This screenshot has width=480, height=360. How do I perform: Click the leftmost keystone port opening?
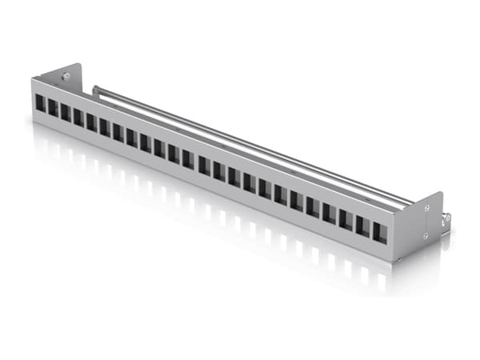tap(40, 103)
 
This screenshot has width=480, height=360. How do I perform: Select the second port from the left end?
tap(53, 107)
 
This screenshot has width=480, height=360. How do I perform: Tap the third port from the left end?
tap(66, 112)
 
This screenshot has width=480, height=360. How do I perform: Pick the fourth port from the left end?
tap(78, 117)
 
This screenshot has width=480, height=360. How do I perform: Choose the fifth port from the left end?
tap(91, 122)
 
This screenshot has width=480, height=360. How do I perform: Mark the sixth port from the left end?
tap(105, 126)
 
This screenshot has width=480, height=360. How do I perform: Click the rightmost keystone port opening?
tap(379, 232)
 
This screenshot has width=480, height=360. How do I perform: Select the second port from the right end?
tap(362, 226)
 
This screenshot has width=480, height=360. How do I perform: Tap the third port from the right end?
tap(346, 219)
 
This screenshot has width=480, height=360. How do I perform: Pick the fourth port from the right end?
tap(329, 213)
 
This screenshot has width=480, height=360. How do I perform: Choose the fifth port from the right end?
tap(313, 206)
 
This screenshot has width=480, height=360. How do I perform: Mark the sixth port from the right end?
tap(296, 200)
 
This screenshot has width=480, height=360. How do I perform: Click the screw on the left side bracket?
tap(68, 77)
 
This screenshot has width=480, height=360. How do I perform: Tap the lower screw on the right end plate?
tap(426, 235)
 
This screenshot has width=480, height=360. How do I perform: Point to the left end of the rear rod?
tap(94, 90)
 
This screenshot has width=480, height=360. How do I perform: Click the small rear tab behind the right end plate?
tap(446, 217)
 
